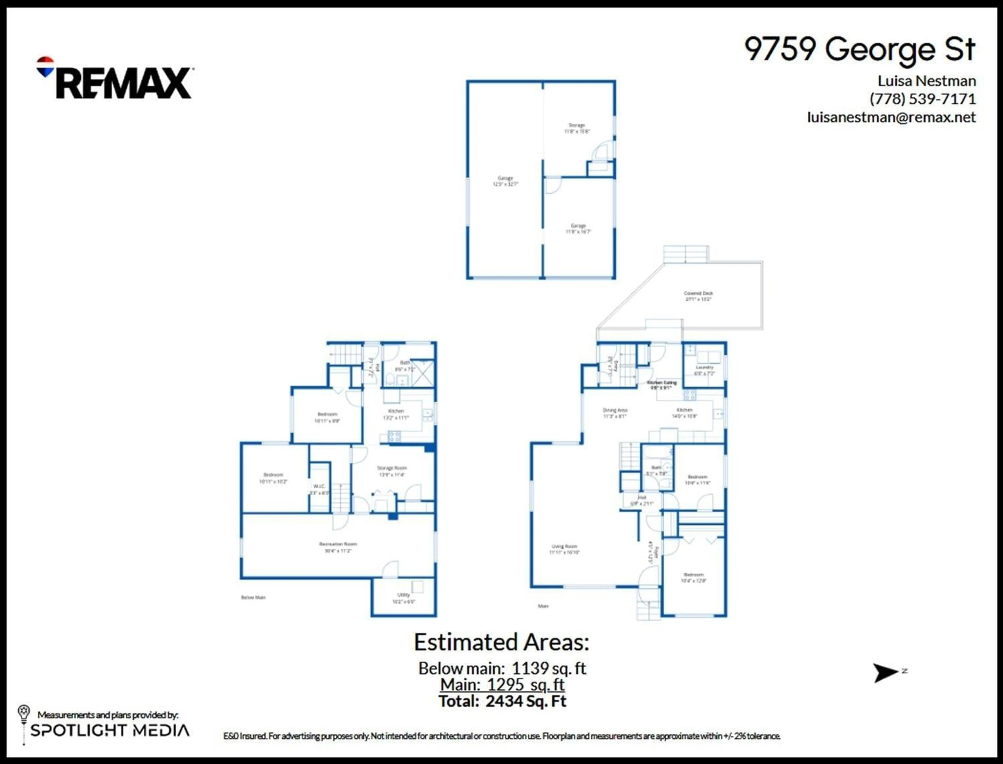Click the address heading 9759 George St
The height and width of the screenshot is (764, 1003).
(859, 49)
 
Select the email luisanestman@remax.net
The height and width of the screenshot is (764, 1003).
(891, 117)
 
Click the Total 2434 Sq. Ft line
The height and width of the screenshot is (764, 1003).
(502, 701)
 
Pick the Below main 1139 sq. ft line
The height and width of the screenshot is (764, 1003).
(502, 668)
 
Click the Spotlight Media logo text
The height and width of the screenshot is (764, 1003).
(110, 730)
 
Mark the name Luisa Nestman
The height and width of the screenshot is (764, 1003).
(926, 81)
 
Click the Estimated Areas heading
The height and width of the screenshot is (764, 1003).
(501, 643)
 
